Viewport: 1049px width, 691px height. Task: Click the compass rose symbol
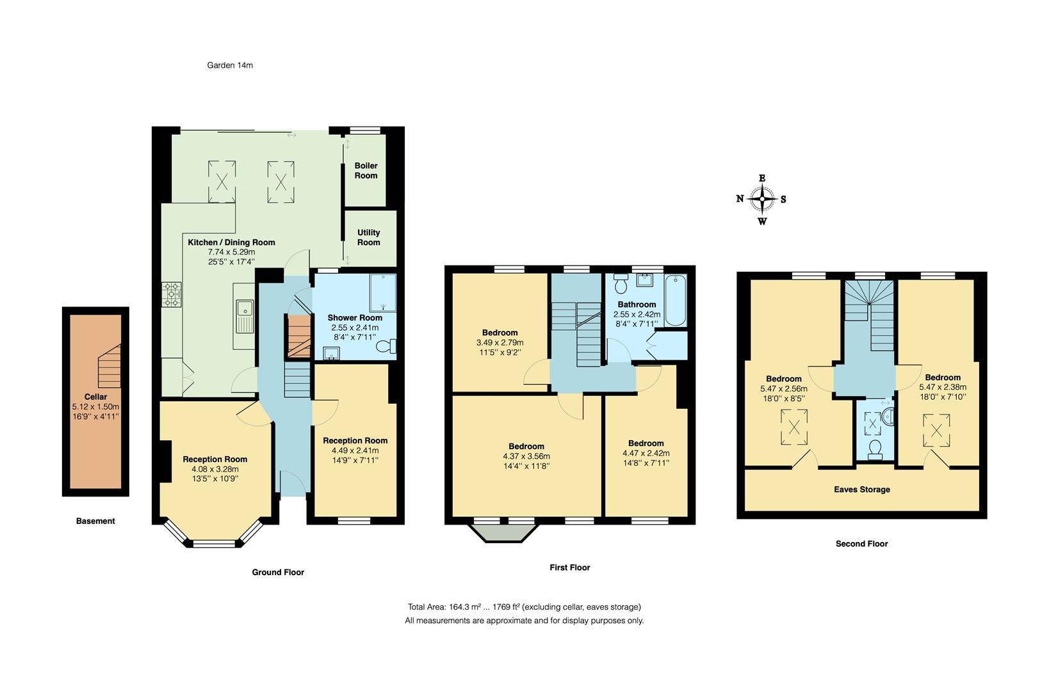762,199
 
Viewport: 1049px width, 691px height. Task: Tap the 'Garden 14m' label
230,65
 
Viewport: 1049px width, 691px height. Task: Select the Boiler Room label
366,170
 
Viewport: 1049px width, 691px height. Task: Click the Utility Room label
368,237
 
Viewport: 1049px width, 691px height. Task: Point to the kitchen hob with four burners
172,295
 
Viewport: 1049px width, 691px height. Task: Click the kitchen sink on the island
244,316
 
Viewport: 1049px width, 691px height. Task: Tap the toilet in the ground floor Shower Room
386,347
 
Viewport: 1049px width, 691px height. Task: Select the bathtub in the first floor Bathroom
675,301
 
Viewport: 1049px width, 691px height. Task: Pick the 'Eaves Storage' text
861,489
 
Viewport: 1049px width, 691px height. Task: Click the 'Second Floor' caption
861,544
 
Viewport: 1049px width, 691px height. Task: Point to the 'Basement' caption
95,521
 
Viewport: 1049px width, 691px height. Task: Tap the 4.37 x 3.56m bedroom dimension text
526,456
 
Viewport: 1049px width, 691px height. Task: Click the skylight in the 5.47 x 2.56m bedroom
793,426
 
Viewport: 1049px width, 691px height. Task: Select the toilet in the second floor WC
875,450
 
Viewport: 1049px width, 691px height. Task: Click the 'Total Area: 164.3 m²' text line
524,607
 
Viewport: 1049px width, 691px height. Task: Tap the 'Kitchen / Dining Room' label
231,242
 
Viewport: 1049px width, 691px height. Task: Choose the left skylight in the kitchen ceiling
222,182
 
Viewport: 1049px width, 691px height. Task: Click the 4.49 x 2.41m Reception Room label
355,441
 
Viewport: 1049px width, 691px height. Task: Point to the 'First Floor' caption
569,568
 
